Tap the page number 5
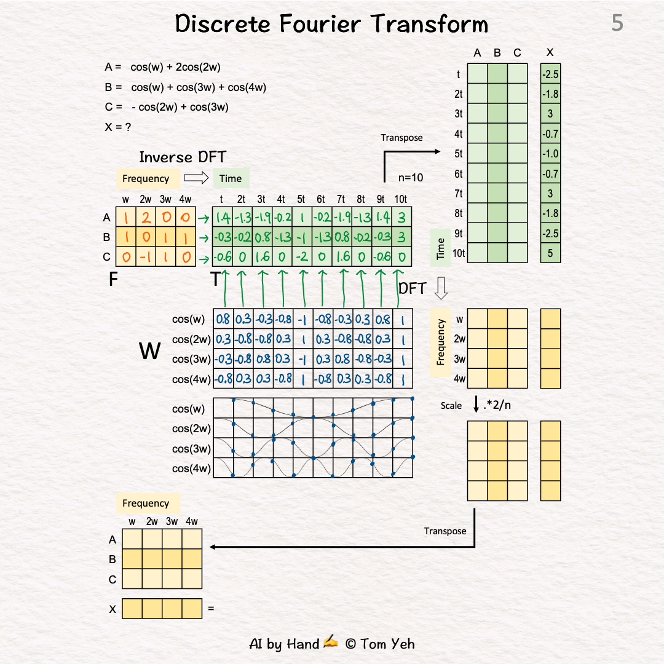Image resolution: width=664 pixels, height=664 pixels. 617,23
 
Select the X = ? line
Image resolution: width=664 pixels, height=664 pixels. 118,127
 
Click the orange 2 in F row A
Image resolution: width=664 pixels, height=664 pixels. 146,217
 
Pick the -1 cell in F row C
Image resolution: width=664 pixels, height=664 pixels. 146,256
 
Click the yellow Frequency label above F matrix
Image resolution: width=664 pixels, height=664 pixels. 146,178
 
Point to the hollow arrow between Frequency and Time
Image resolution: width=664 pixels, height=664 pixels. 197,178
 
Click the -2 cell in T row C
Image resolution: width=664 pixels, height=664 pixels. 302,256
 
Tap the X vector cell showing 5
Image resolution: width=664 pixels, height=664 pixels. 550,253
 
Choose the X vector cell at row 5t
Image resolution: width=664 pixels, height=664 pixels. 550,154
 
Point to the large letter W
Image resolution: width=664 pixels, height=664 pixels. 151,351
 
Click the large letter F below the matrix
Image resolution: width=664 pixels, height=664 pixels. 113,280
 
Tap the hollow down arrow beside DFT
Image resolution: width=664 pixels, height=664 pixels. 441,288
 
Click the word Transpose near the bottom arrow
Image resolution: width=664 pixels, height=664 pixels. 445,531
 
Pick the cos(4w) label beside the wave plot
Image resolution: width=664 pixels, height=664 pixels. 192,468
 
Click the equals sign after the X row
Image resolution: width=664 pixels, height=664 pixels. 211,609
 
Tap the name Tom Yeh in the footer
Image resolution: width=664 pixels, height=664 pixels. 387,644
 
